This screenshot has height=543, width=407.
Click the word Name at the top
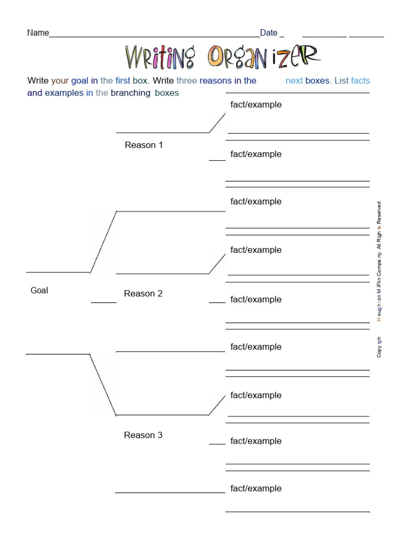(x=38, y=33)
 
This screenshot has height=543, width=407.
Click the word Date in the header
(x=269, y=33)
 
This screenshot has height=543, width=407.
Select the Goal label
(x=39, y=291)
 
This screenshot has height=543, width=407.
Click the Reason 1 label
(x=144, y=145)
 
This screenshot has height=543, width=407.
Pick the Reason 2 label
(x=143, y=294)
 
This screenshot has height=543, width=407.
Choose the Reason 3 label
(x=143, y=435)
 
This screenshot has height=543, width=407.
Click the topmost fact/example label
(x=256, y=105)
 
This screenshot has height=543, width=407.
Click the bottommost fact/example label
(x=256, y=489)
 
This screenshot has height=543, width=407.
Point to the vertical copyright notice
(x=379, y=279)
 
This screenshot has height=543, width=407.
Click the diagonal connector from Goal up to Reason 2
(x=103, y=242)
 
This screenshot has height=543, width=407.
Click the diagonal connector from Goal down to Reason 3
(x=103, y=384)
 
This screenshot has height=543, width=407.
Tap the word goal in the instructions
(x=79, y=81)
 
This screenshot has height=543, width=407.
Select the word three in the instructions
(x=187, y=81)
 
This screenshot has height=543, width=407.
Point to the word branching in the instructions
(x=130, y=93)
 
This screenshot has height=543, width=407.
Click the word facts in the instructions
(x=360, y=81)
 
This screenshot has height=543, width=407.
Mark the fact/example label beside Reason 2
(x=256, y=300)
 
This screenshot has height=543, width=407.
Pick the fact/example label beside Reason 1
(x=256, y=154)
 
